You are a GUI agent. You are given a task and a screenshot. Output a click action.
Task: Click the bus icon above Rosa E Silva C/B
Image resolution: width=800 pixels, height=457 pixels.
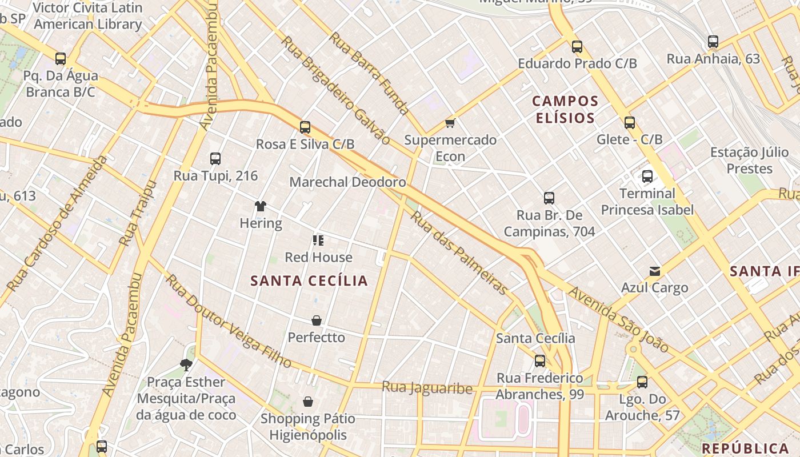point(305,127)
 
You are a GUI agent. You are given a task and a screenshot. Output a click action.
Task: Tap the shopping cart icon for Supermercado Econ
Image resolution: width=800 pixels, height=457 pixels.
point(450,123)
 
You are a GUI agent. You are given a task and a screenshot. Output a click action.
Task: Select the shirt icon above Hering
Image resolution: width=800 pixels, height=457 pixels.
point(261,206)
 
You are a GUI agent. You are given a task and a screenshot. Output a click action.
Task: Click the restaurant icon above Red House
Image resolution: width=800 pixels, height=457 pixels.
point(318,240)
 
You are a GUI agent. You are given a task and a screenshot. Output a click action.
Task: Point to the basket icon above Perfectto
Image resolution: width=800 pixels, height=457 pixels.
point(317,320)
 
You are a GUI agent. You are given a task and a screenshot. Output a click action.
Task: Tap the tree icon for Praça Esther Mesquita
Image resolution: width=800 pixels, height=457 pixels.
point(186,364)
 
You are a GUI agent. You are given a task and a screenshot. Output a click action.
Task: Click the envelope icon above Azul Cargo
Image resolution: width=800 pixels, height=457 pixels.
point(654,271)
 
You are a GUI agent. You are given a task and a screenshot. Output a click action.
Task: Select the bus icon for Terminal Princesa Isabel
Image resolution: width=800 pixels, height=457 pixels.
point(647,177)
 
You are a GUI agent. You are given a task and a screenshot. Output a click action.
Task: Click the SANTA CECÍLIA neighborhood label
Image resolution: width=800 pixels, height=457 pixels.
point(309,280)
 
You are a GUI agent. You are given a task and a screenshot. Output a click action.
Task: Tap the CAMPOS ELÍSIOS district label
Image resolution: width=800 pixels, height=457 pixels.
point(565,110)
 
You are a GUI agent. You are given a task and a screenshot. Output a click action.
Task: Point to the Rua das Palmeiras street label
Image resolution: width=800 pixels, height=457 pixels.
point(459,253)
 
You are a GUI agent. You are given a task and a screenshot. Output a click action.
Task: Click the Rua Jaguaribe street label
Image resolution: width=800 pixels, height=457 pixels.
point(427,388)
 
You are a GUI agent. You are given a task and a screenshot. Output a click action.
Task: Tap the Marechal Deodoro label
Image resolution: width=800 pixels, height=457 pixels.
point(347,182)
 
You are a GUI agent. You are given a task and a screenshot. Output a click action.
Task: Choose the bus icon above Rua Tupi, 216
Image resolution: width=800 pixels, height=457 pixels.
point(215,159)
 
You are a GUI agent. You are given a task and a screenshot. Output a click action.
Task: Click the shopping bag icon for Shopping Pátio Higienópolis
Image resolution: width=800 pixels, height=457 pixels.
point(308,402)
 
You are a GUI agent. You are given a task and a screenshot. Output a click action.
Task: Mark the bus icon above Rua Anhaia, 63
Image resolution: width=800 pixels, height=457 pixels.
point(713,42)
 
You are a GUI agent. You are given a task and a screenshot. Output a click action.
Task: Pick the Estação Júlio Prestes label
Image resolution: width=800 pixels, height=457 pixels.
point(749,161)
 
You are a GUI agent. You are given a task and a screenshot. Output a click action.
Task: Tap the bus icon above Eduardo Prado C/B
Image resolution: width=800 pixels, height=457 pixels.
point(577,47)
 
